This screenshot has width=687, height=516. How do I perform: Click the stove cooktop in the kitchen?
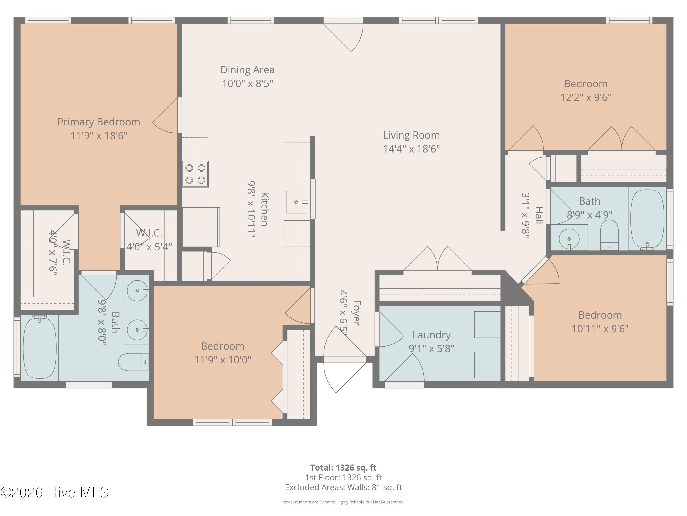(x=195, y=174)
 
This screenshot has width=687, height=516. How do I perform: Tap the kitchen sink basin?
(x=296, y=202)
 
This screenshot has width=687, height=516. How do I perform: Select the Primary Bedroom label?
(x=99, y=122)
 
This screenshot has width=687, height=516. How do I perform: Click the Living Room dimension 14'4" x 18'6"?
(x=411, y=149)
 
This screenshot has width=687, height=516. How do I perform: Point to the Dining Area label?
(x=248, y=70)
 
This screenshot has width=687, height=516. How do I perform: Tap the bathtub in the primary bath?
(x=40, y=347)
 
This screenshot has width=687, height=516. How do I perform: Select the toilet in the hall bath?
(x=609, y=235)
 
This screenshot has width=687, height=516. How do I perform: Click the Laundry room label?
(x=431, y=335)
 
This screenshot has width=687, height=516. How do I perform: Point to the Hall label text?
(x=539, y=215)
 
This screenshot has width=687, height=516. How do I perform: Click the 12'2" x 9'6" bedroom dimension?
(x=586, y=98)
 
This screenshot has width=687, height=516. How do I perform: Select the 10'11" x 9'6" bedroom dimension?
(x=600, y=329)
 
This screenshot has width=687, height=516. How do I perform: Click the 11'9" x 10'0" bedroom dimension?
(x=223, y=360)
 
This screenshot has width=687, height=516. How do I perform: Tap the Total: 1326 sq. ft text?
(x=343, y=467)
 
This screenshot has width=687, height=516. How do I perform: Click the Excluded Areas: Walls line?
(x=343, y=487)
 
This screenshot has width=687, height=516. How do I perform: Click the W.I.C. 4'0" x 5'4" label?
(x=149, y=240)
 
